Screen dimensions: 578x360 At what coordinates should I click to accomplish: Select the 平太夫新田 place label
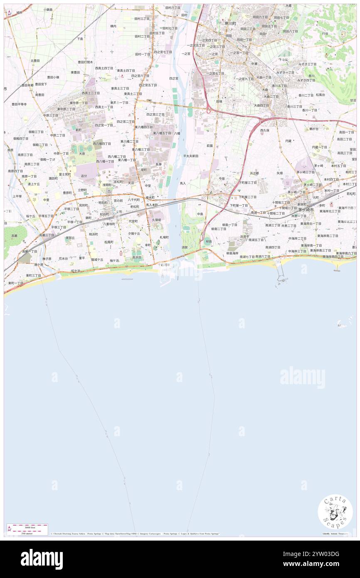(191, 156)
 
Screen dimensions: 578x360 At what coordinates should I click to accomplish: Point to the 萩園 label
(210, 146)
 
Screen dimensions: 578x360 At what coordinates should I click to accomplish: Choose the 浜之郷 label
(254, 173)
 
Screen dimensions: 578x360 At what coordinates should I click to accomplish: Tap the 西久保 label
(265, 130)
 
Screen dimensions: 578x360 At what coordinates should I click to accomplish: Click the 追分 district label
(84, 176)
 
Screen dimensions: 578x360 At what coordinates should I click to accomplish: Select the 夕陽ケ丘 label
(134, 233)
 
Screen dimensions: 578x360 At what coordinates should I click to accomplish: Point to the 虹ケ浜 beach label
(76, 271)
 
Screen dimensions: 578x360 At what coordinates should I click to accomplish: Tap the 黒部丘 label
(70, 238)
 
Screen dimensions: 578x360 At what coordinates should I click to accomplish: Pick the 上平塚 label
(17, 196)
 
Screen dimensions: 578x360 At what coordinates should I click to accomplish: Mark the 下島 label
(79, 38)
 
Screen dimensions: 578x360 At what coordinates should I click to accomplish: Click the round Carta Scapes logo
(335, 511)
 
